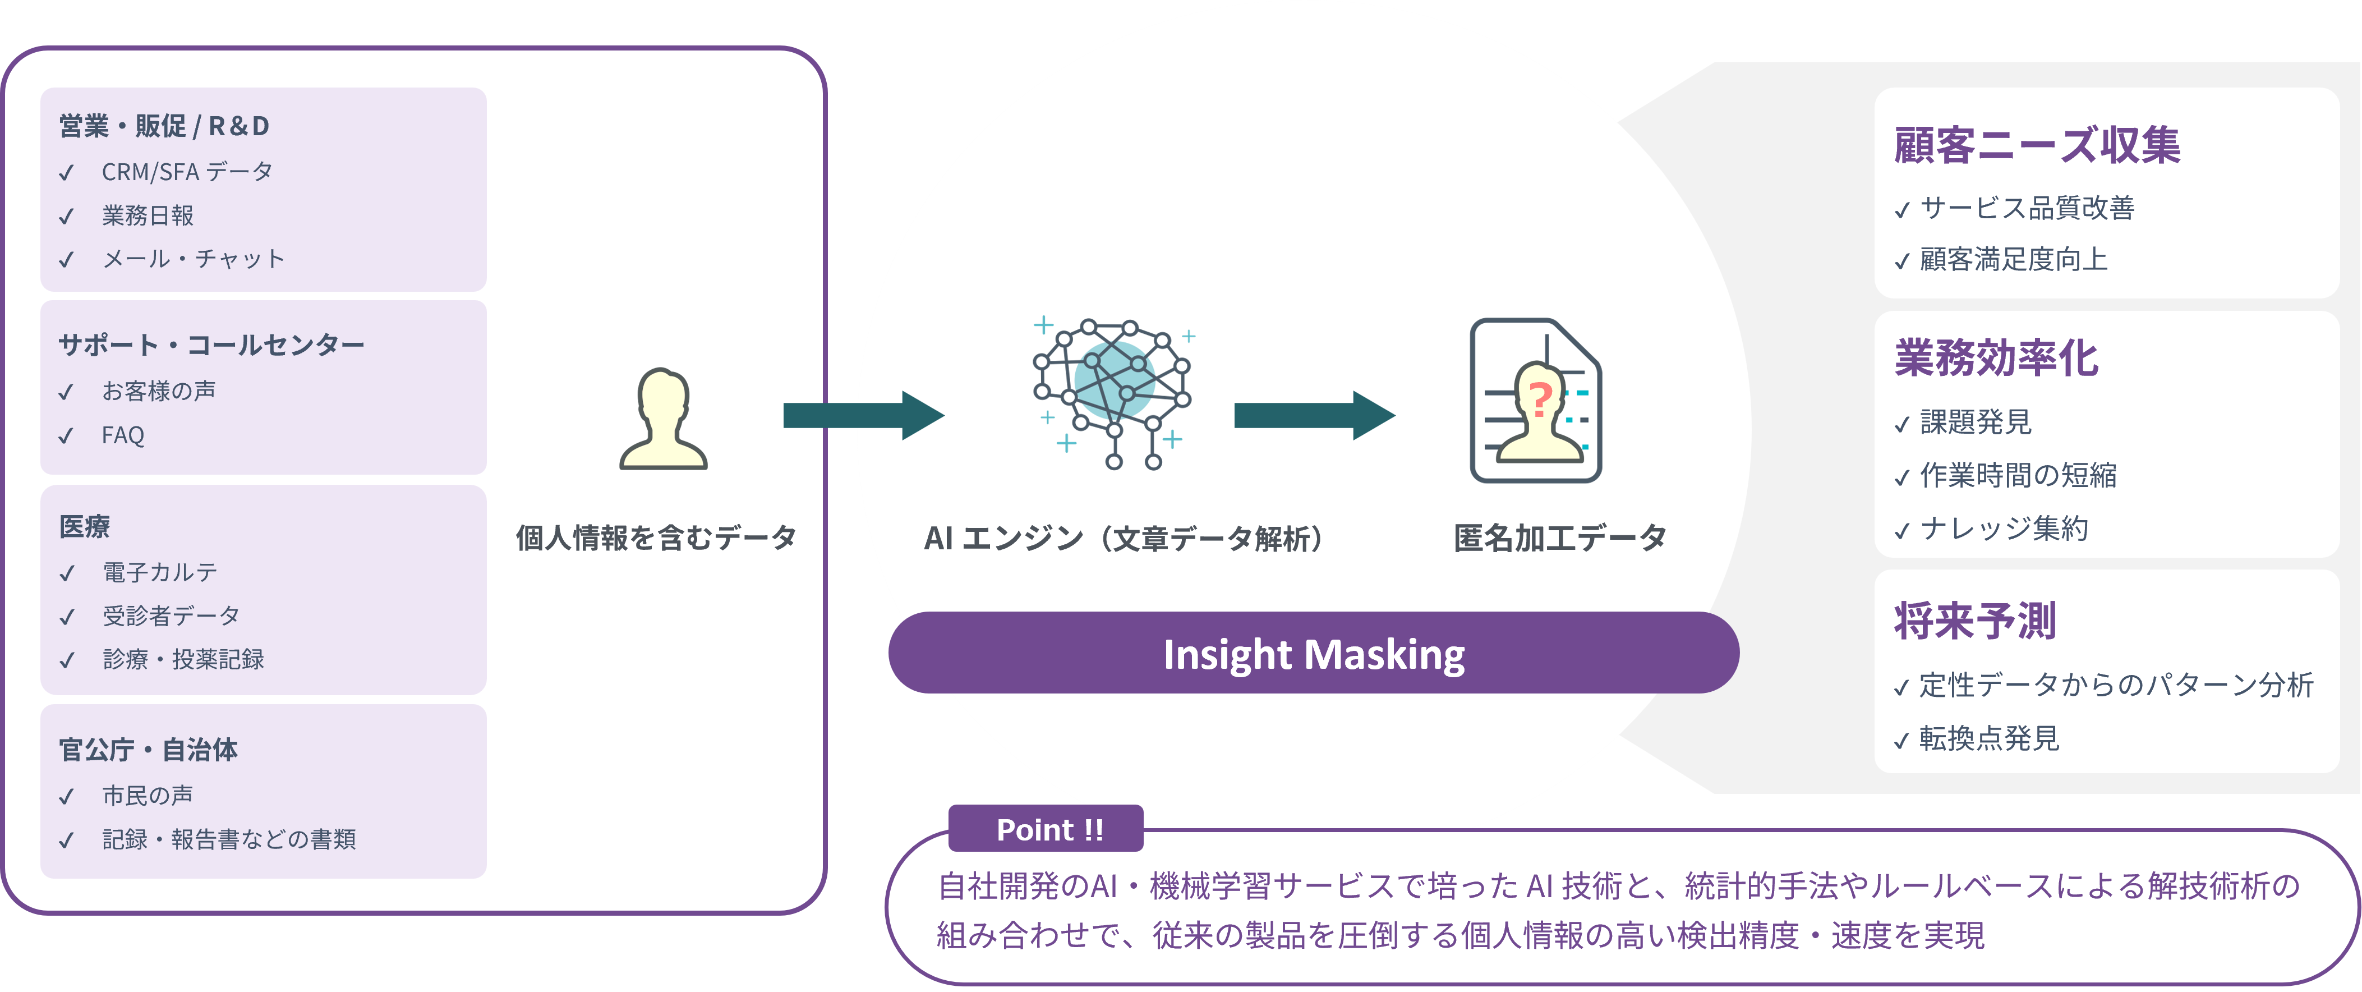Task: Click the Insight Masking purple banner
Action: coord(1313,654)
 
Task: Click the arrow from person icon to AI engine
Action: coord(862,415)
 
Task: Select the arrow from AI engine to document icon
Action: coord(1313,415)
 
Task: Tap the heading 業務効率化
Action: coord(1996,357)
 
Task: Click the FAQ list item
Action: coord(123,435)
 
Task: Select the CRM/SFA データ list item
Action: coord(187,172)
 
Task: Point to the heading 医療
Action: coord(84,526)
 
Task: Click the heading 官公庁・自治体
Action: coord(149,750)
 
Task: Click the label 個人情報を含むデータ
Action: coord(656,538)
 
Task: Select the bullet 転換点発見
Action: coord(1989,738)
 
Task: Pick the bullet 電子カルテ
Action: coord(159,572)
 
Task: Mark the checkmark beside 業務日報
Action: coord(66,217)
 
